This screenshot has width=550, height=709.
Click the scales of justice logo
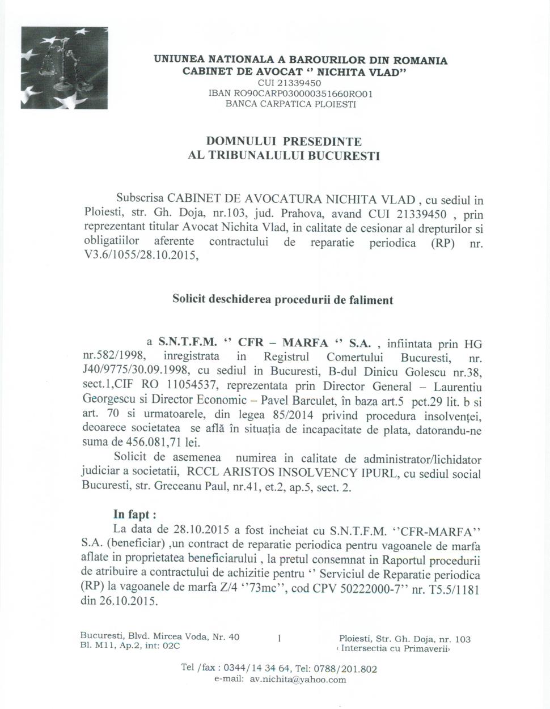pos(64,67)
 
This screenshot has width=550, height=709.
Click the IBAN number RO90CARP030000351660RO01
pos(291,94)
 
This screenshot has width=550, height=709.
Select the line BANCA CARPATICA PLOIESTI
pos(291,104)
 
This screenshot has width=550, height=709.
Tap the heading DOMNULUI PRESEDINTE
pos(284,141)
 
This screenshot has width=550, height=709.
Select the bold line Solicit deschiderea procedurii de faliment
pos(282,300)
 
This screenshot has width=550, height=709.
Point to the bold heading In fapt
pos(134,515)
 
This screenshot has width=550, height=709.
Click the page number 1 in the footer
pos(280,638)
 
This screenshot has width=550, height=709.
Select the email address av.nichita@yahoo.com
pos(298,680)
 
